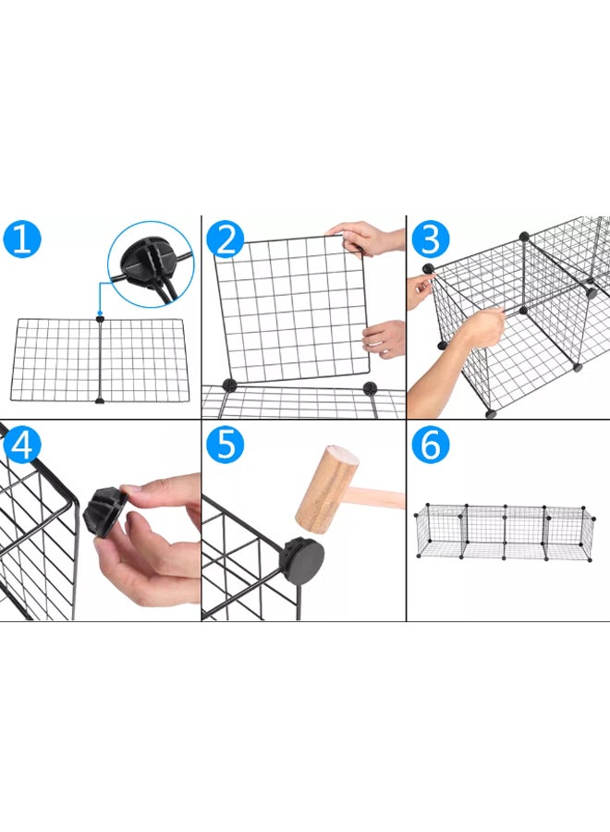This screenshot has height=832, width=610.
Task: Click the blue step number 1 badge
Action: point(23,239)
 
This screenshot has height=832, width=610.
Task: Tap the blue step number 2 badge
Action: point(226,239)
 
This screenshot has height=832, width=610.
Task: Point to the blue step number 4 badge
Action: point(23,446)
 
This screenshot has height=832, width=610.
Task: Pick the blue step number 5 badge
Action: point(226,446)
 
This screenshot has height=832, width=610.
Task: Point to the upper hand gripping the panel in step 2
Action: point(367,239)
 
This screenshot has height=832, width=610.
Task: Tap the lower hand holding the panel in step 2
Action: point(386,338)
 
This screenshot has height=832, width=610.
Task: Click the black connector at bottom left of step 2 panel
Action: point(228,384)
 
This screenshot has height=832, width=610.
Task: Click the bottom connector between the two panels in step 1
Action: point(100,399)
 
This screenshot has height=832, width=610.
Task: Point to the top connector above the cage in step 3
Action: point(525,237)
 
